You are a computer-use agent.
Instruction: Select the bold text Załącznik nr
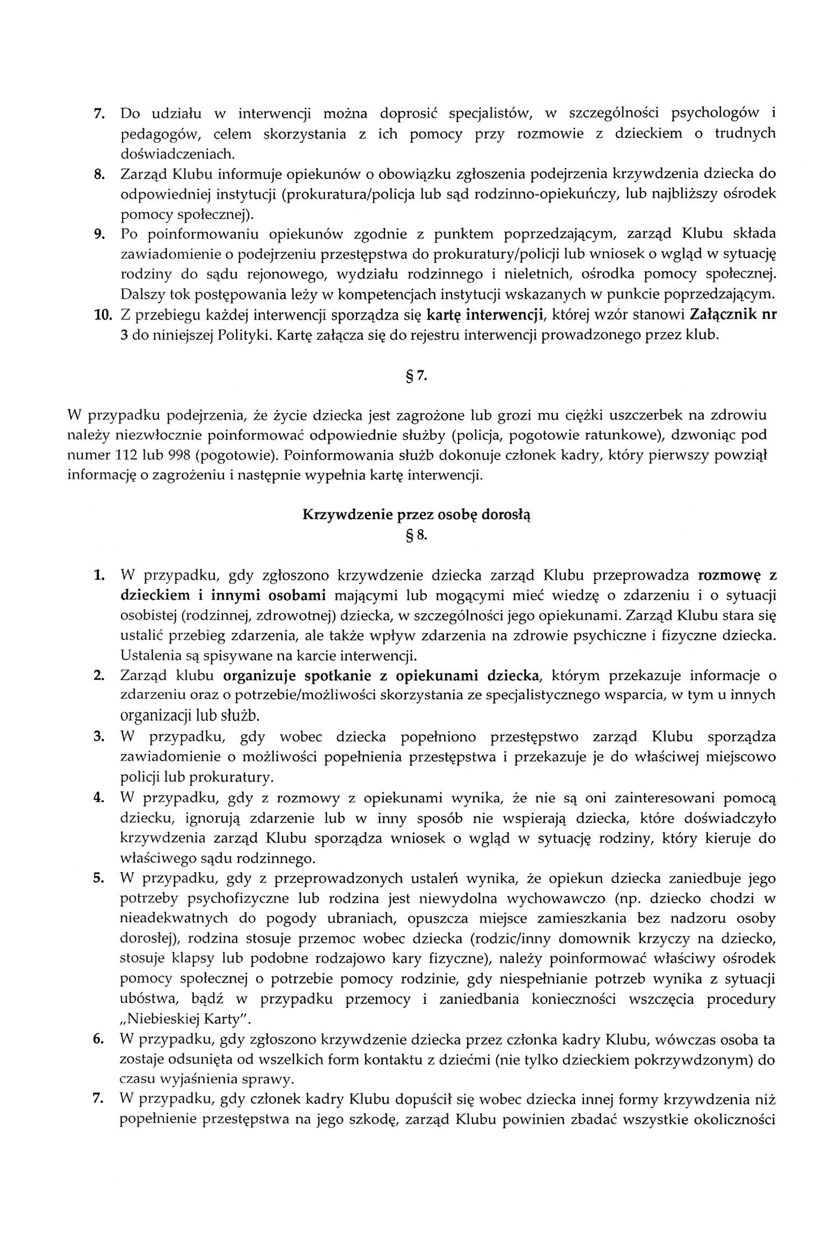(x=733, y=314)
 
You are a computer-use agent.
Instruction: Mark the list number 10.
(x=101, y=314)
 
